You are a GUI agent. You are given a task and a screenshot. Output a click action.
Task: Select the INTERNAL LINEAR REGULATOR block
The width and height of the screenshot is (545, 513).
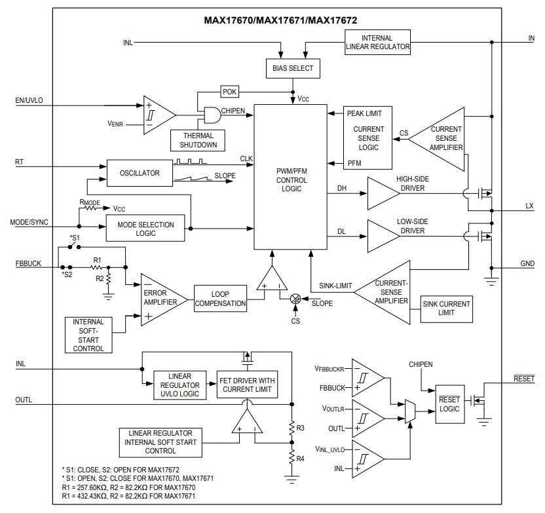[x=377, y=43]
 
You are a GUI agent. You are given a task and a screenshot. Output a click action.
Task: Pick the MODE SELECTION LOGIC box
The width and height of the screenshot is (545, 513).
[x=145, y=229]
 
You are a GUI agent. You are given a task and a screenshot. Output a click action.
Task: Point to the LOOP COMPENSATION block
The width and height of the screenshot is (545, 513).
[x=221, y=299]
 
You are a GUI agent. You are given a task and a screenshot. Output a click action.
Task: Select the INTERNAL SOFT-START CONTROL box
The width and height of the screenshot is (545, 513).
[x=88, y=335]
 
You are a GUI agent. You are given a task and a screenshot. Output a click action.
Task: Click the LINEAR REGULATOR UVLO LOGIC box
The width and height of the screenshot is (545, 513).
[x=179, y=385]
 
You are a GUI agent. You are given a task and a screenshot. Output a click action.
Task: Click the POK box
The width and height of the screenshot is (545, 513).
[x=229, y=92]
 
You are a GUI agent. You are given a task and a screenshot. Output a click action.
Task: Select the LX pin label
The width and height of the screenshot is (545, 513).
[x=529, y=206]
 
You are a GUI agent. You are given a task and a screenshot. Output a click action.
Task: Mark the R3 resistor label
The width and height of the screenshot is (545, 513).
[x=299, y=428]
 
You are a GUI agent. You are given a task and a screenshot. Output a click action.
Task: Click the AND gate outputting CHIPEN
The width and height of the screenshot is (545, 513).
[x=211, y=115]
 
